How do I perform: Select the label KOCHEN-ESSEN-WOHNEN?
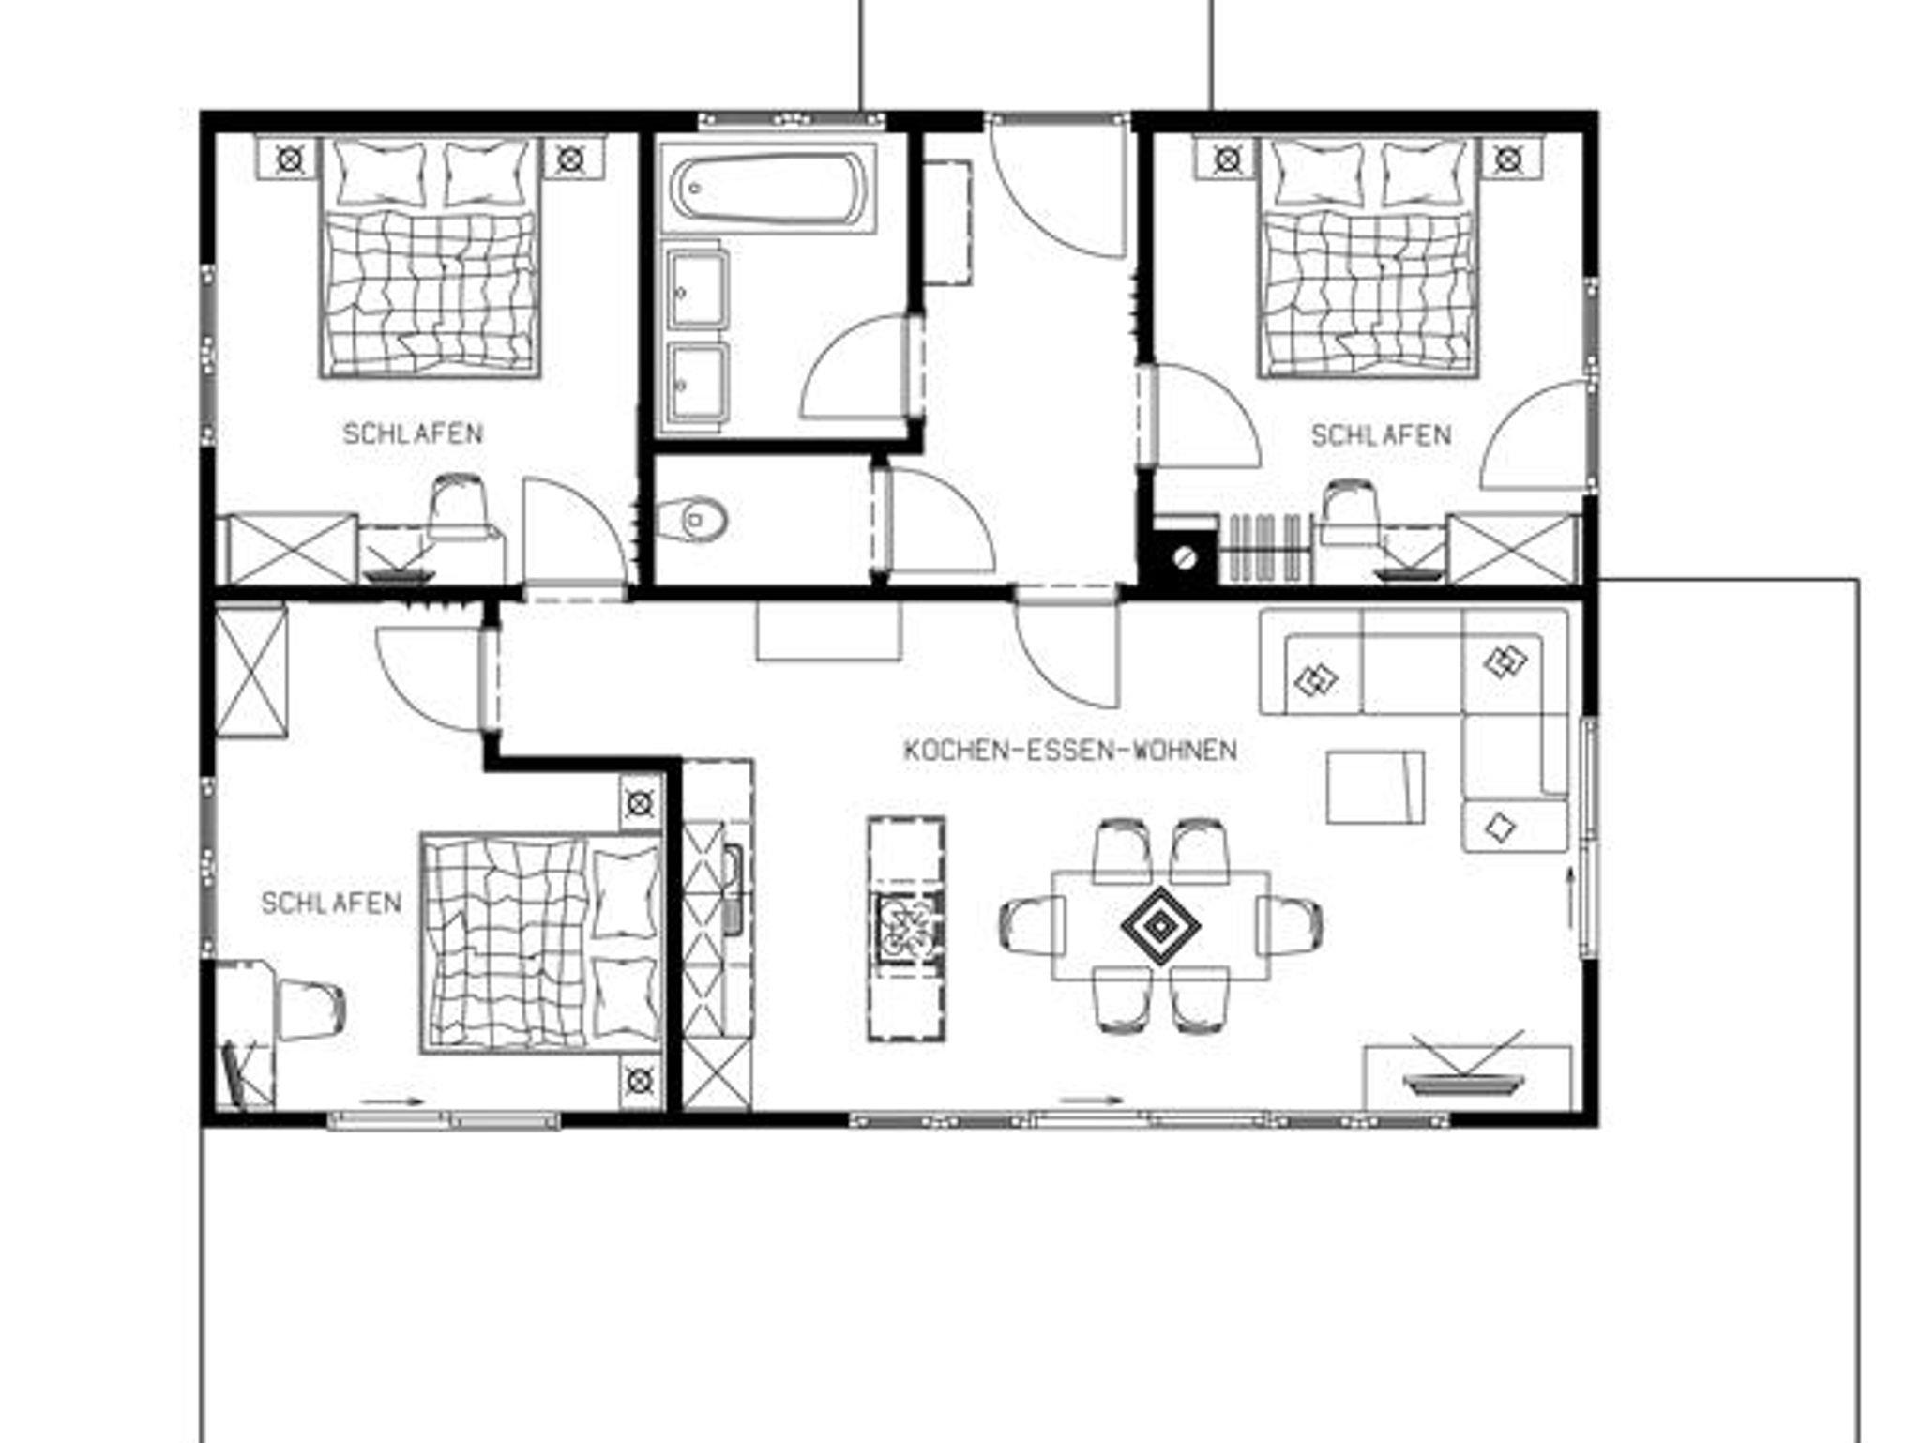[1069, 751]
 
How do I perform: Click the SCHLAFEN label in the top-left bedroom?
[413, 433]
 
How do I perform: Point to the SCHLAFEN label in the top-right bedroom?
[1381, 435]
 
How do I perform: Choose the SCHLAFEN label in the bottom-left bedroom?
[331, 903]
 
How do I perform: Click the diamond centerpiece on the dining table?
[1161, 926]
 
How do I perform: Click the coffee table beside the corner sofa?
[1375, 787]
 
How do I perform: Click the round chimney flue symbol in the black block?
[1186, 557]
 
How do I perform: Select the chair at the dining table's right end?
[1291, 925]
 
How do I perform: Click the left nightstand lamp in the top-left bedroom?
[290, 160]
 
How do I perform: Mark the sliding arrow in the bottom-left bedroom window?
[387, 1101]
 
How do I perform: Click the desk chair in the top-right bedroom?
[1351, 512]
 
